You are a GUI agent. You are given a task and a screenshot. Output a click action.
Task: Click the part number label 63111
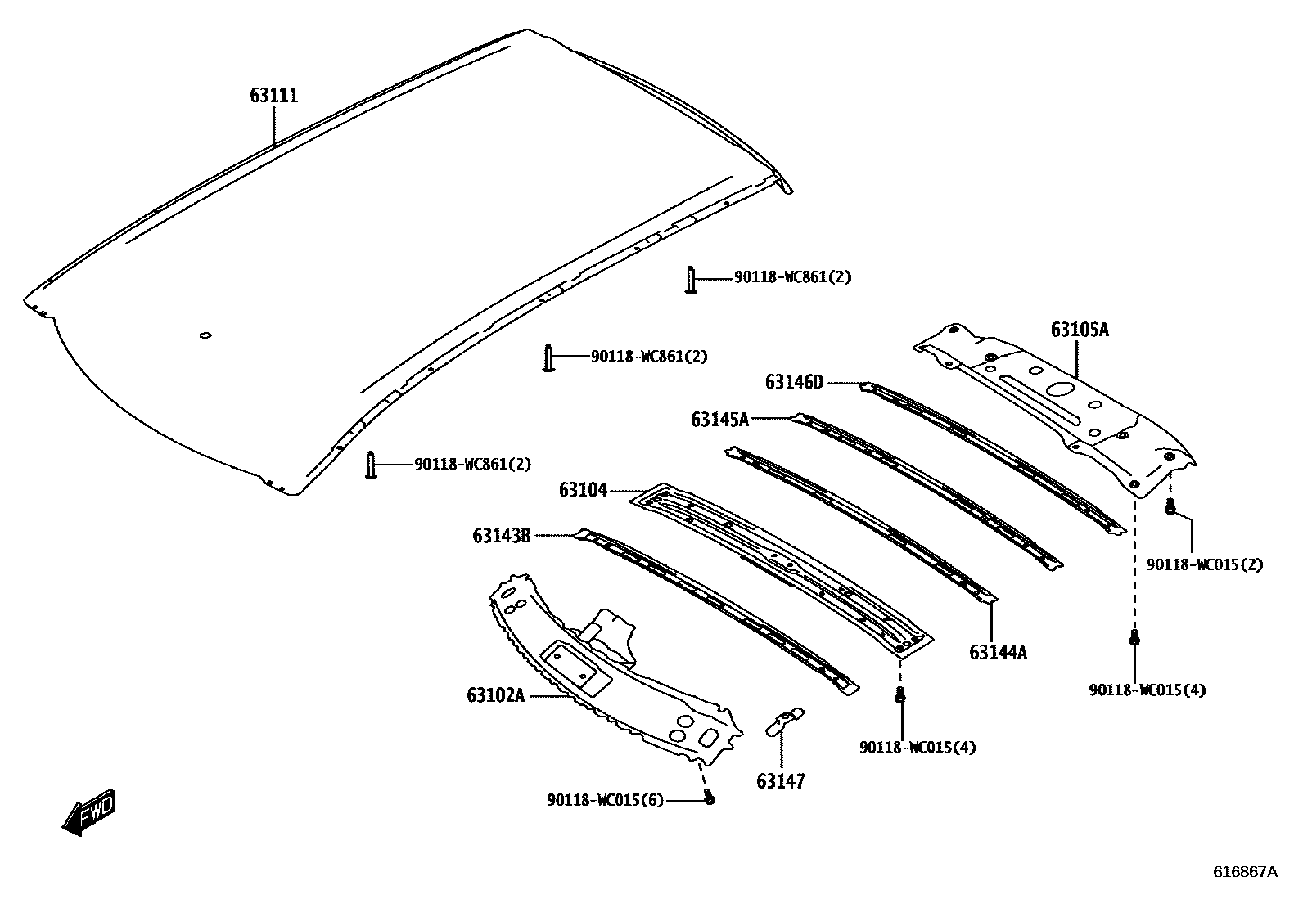274,96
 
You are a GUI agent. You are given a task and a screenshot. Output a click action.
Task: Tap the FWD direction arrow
88,813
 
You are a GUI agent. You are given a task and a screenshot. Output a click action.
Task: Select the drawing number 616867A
1245,872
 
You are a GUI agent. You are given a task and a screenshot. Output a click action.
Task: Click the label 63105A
1080,330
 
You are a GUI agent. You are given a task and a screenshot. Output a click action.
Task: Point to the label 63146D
794,382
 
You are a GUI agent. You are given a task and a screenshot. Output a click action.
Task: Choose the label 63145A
719,420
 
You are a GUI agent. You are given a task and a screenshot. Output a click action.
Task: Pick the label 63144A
998,652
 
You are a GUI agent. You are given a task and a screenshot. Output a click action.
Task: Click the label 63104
583,490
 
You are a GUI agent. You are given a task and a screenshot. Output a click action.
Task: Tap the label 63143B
501,536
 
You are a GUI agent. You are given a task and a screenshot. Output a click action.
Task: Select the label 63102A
495,695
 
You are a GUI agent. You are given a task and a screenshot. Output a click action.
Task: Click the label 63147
780,781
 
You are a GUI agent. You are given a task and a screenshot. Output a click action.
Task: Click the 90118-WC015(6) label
605,799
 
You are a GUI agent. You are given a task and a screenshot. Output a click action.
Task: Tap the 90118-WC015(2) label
1204,565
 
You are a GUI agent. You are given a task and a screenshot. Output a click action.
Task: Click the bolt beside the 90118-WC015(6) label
710,798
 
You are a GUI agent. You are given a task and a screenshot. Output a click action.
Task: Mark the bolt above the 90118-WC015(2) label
1170,507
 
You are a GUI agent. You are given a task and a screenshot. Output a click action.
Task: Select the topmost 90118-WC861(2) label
792,277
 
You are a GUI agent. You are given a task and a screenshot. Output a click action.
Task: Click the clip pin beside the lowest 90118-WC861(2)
371,465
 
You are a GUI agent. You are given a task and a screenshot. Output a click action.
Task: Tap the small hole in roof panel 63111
205,335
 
